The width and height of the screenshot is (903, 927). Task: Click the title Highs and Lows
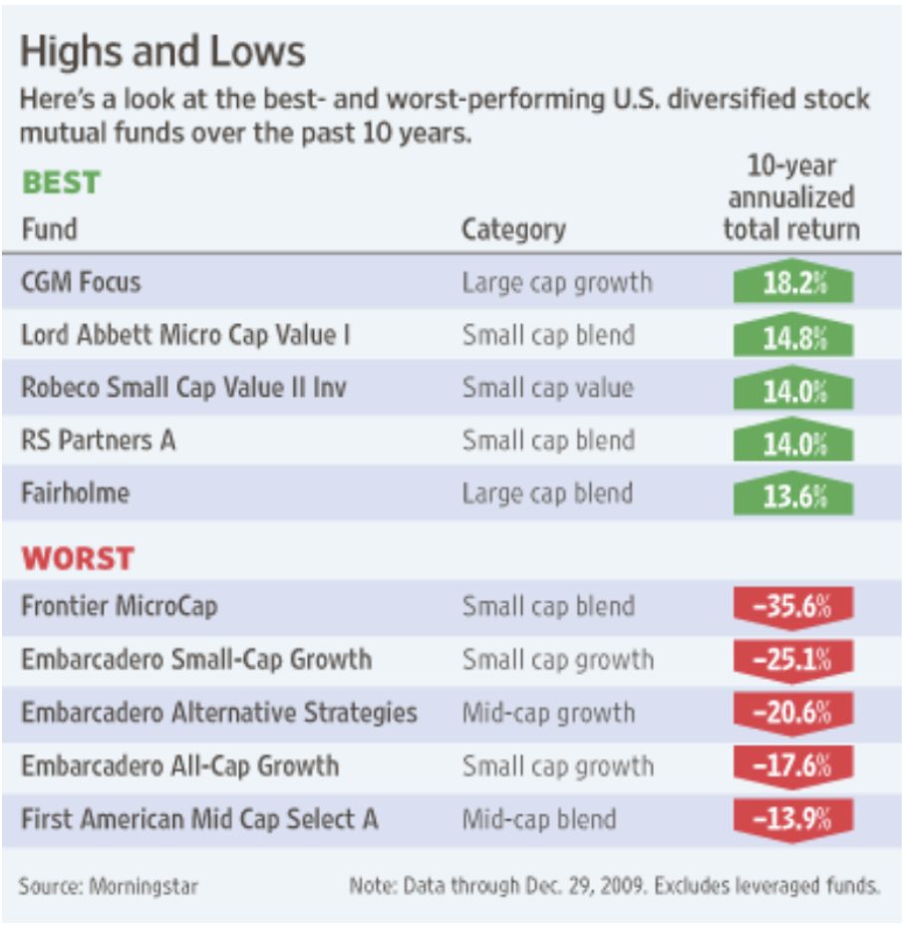[x=162, y=52]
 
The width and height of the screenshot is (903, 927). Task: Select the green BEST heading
[x=61, y=182]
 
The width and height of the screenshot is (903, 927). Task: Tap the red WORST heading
[x=78, y=558]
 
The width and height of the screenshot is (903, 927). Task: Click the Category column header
[x=513, y=230]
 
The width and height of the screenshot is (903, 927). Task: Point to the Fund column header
[x=49, y=229]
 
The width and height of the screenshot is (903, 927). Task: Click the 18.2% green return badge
[x=792, y=283]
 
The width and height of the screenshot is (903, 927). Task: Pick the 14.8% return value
[x=792, y=337]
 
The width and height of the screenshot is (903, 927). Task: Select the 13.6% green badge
[x=792, y=494]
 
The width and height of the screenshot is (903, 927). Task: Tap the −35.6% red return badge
[x=792, y=607]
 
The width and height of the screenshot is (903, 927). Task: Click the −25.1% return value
[x=792, y=660]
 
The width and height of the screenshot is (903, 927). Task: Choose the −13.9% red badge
[x=792, y=819]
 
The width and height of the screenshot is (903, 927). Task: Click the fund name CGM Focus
[x=81, y=282]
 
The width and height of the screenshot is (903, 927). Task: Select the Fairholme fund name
[x=76, y=494]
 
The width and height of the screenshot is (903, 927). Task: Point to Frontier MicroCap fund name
[x=119, y=606]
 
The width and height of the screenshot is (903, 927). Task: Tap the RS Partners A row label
[x=98, y=441]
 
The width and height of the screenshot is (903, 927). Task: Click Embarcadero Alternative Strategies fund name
[x=218, y=713]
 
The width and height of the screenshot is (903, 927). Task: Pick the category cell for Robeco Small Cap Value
[x=547, y=388]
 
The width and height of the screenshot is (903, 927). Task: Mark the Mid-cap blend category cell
[x=539, y=819]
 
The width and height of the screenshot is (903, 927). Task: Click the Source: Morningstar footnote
[x=108, y=885]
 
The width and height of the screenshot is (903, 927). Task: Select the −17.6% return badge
[x=792, y=766]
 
